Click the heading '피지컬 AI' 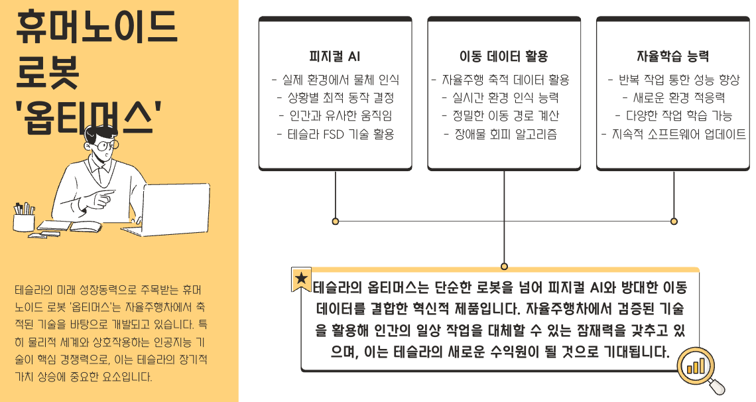pos(335,56)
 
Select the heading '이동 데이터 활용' pos(504,56)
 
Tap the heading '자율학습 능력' pos(673,56)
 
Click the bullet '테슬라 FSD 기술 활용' pos(336,135)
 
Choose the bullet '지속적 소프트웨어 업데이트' pos(674,135)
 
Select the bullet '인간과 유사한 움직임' pos(336,116)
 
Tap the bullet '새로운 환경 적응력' pos(674,98)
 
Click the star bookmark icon pos(301,279)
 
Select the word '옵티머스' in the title pos(90,115)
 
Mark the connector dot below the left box pos(336,221)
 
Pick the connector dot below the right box pos(674,221)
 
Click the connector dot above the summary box pos(505,266)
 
